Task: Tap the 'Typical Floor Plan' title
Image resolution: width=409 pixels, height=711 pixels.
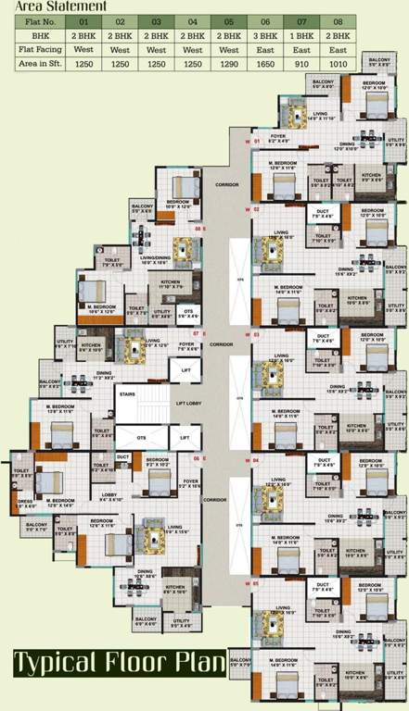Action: (119, 663)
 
